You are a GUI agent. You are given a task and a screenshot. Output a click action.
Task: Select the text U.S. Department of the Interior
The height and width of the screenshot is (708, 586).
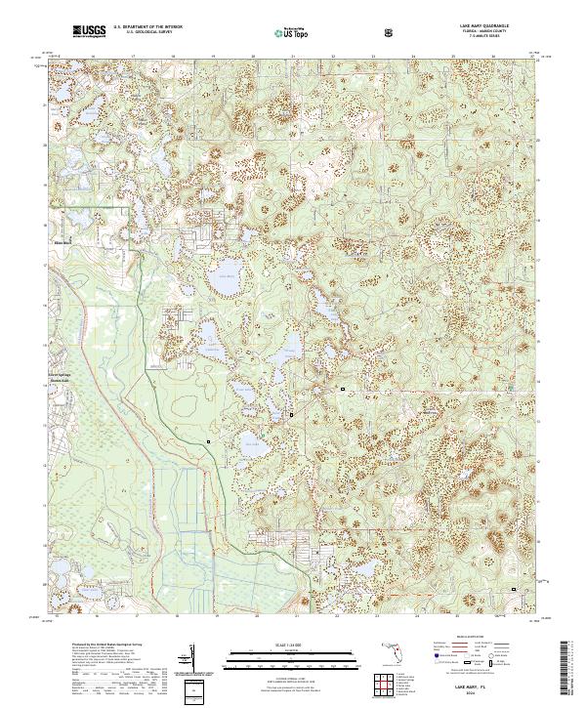(x=145, y=28)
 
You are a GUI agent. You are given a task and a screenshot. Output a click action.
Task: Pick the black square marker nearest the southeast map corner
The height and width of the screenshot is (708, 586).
(x=515, y=589)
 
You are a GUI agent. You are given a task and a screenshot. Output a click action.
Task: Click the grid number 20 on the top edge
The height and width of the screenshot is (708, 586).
(x=254, y=57)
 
